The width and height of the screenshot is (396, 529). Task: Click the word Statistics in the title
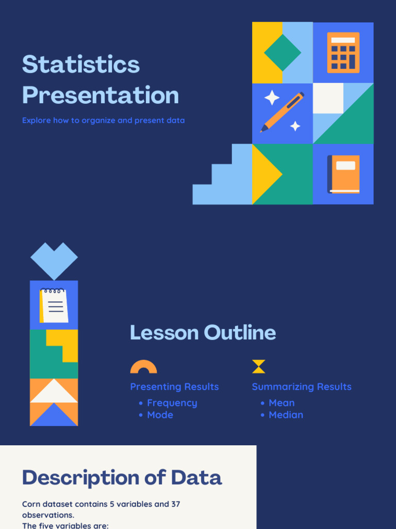tap(81, 65)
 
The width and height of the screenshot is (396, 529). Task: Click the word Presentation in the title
tap(101, 96)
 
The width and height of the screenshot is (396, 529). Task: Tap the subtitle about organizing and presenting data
tap(103, 120)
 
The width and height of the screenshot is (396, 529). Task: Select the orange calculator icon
tap(343, 53)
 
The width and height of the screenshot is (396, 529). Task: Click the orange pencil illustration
tap(282, 112)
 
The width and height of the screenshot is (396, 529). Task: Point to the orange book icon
tap(343, 174)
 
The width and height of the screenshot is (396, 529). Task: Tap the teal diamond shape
tap(283, 53)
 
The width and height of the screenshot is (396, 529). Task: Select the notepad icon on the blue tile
tap(54, 305)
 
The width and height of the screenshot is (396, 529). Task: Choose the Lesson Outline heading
tap(203, 333)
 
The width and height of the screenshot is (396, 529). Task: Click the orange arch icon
tap(143, 367)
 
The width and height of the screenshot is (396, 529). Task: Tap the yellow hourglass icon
tap(258, 367)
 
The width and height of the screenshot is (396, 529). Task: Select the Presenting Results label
tap(174, 387)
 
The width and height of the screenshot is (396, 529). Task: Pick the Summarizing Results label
tap(302, 387)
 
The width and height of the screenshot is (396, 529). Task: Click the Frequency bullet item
tap(172, 403)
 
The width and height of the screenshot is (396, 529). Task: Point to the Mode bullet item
tap(160, 415)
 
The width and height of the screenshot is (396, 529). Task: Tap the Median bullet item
tap(286, 415)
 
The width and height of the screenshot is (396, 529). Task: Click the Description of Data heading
tap(122, 478)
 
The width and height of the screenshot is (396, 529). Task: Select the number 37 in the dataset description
tap(175, 504)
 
